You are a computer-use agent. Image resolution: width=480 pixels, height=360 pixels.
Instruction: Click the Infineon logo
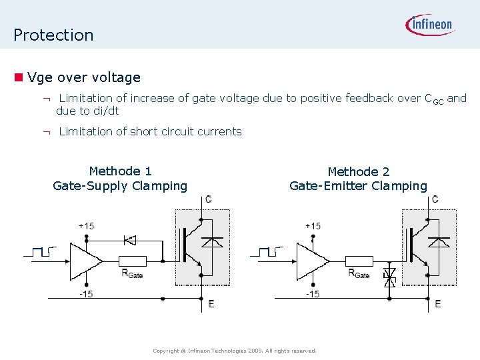click(430, 25)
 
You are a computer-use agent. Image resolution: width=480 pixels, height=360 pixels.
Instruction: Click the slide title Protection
click(53, 35)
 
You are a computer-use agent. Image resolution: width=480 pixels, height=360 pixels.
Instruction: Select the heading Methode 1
click(120, 171)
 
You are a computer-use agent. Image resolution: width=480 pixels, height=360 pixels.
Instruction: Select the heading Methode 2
click(358, 171)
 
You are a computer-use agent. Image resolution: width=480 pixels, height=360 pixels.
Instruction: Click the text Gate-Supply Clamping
click(120, 186)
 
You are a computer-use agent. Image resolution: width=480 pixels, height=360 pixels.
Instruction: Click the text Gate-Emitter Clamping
click(358, 186)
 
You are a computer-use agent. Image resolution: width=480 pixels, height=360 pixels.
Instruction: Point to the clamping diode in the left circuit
click(130, 239)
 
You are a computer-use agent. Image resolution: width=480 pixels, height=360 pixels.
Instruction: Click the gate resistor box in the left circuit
click(132, 261)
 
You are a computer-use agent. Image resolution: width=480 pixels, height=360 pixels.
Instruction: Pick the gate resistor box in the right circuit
click(360, 261)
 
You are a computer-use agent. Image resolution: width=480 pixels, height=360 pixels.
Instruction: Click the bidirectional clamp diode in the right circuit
click(391, 277)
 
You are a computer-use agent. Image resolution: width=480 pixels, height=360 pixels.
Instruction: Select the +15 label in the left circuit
click(86, 226)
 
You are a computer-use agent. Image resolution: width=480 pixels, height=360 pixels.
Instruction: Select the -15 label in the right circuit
click(313, 294)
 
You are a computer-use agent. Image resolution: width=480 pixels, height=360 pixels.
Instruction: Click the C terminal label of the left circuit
click(209, 199)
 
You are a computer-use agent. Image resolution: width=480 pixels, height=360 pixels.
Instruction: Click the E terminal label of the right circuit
click(437, 304)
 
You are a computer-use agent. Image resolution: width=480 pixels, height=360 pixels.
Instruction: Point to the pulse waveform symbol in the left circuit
click(39, 252)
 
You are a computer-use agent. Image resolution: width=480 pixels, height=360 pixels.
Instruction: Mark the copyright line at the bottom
click(234, 351)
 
